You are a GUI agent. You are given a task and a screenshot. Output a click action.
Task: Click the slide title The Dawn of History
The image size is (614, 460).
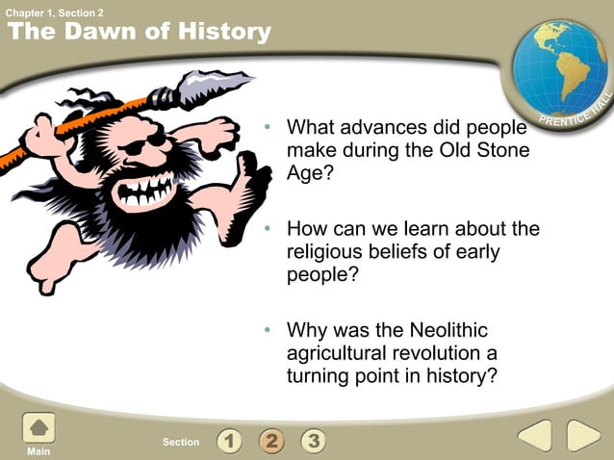click(140, 32)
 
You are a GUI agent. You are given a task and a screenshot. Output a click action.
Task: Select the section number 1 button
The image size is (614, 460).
click(229, 442)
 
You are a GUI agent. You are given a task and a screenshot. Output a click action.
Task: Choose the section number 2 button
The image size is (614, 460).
click(270, 442)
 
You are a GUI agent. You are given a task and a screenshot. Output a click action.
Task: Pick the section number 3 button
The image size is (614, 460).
click(312, 442)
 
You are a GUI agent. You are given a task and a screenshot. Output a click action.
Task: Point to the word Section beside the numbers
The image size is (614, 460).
click(181, 443)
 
